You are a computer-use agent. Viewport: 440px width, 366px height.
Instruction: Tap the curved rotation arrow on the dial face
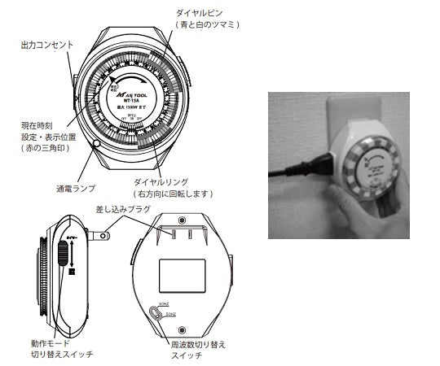122,80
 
